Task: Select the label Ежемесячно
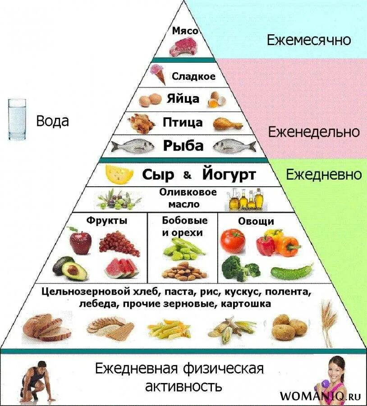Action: (x=308, y=40)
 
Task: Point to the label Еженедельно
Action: (x=314, y=132)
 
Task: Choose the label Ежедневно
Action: (x=324, y=175)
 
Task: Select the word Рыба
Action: (x=183, y=146)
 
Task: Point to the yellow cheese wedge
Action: (x=119, y=174)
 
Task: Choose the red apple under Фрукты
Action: (x=80, y=242)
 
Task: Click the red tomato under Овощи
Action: (x=232, y=240)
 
